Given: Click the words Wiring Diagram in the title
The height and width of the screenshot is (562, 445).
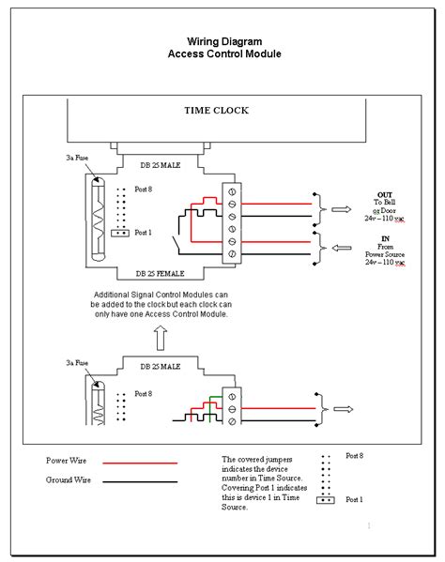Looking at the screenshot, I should (x=223, y=41).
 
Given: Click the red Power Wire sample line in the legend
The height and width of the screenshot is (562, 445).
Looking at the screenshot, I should (x=138, y=463).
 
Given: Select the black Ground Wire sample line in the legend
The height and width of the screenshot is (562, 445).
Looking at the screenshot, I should (x=138, y=481).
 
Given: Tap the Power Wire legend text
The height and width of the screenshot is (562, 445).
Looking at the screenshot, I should (x=68, y=461).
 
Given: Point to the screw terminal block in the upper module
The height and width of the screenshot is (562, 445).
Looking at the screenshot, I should (x=231, y=221).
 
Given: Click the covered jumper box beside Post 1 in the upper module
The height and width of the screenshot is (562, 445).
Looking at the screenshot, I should (x=119, y=232).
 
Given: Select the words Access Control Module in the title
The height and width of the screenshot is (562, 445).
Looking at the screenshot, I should (x=223, y=54).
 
